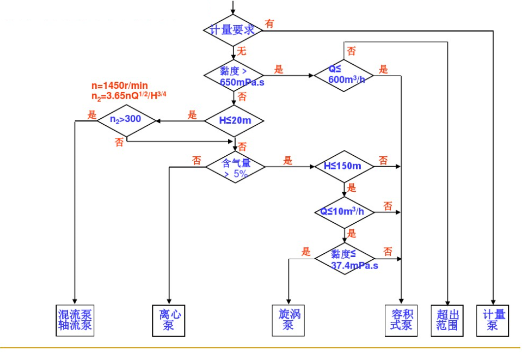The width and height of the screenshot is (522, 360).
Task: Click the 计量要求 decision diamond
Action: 233,30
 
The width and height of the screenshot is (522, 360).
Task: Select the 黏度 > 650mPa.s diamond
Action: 234,75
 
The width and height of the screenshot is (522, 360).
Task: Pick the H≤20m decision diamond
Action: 234,120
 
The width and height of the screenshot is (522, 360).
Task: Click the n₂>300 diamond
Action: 126,120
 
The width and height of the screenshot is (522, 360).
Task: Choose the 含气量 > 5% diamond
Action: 235,167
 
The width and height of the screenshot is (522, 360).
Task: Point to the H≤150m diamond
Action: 344,166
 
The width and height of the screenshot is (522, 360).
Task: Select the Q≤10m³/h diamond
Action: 344,211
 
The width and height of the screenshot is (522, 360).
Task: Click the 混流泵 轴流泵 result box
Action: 75,320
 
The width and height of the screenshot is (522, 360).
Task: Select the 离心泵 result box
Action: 169,320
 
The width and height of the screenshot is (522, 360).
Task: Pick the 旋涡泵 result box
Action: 288,320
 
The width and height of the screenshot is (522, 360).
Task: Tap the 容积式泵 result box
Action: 401,320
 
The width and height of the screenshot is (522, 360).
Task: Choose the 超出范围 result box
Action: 447,320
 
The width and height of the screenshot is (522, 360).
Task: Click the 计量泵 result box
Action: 493,320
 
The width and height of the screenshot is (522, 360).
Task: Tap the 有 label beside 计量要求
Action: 269,23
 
